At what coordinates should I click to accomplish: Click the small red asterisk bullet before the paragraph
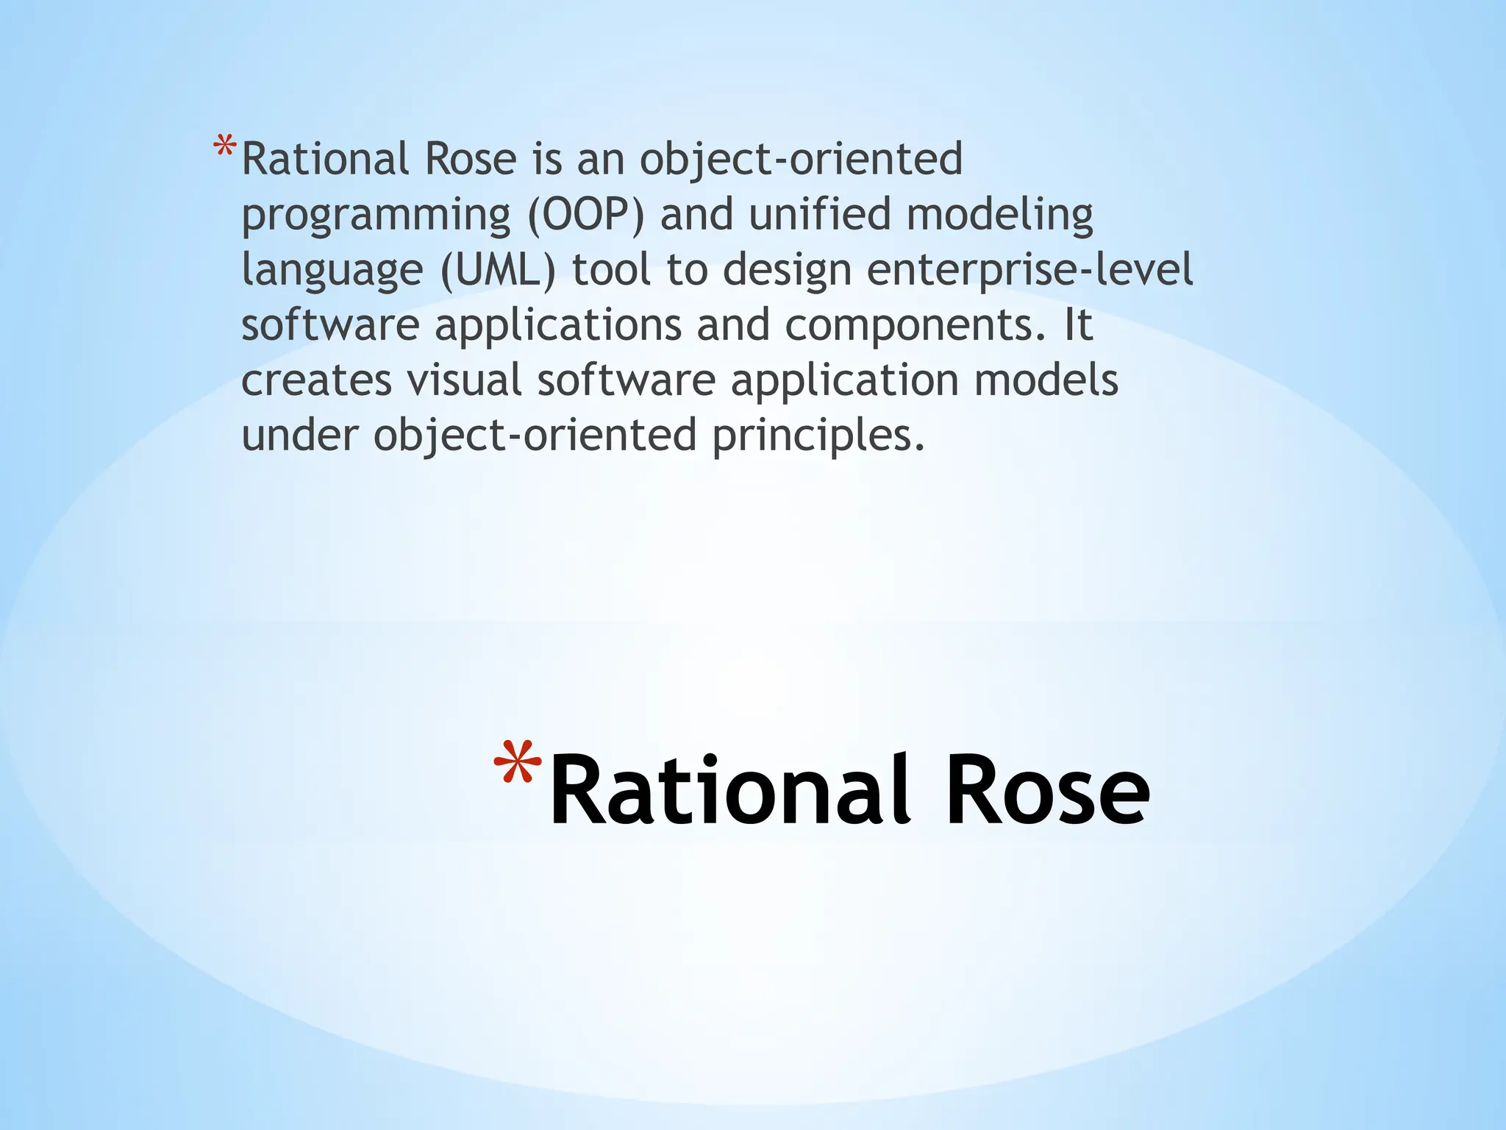pos(224,147)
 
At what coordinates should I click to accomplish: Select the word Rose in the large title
pos(1046,791)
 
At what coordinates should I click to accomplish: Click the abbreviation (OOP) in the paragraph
pos(585,215)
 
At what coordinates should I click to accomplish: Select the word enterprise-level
pos(1029,270)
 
